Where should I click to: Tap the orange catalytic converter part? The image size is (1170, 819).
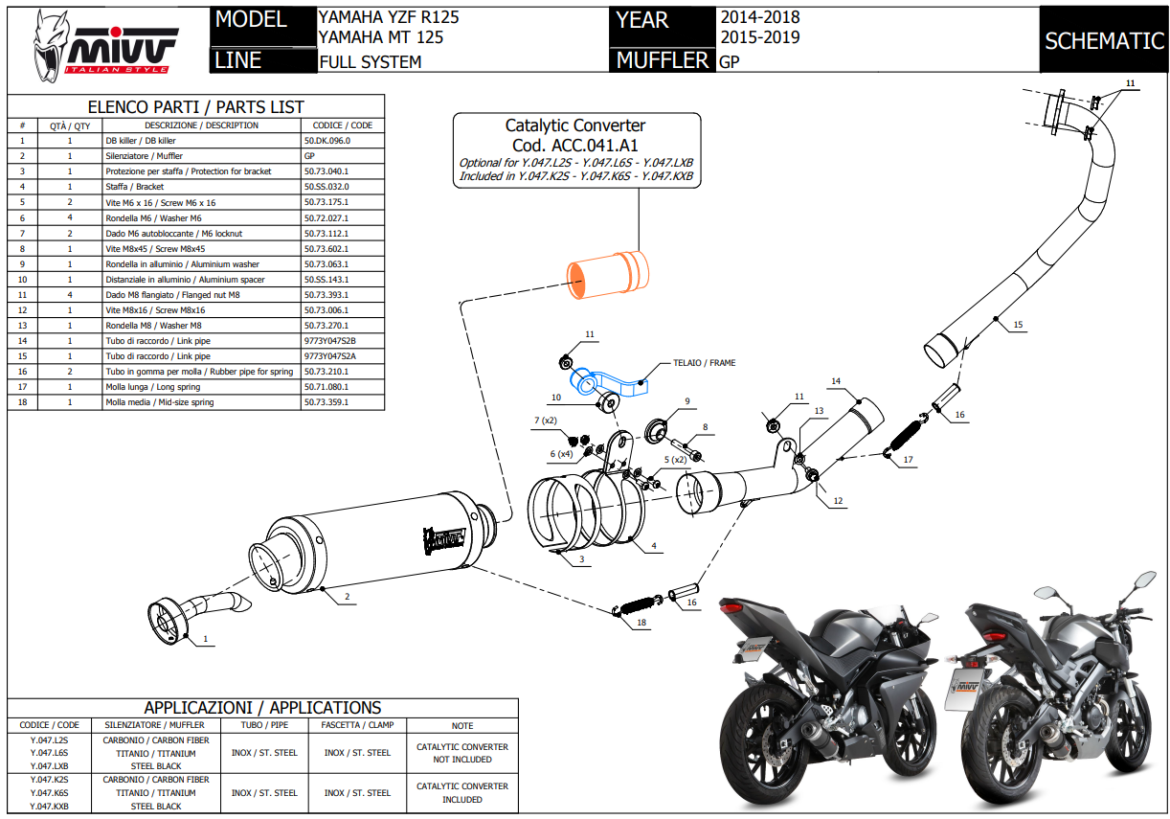pyautogui.click(x=606, y=271)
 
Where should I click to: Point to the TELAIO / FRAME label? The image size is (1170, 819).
pyautogui.click(x=704, y=364)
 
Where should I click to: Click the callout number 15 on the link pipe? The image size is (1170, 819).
pyautogui.click(x=1018, y=326)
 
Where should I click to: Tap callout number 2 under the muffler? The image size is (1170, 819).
pyautogui.click(x=346, y=598)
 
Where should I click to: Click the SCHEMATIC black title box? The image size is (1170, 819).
pyautogui.click(x=1103, y=40)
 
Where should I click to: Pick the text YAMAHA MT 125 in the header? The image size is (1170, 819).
pyautogui.click(x=380, y=38)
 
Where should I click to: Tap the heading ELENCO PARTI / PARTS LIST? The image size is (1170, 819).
pyautogui.click(x=195, y=107)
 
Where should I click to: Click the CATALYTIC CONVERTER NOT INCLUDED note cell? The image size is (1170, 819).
pyautogui.click(x=461, y=753)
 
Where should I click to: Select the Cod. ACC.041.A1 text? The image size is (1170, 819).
pyautogui.click(x=575, y=145)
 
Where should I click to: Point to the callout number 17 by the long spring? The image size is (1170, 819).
pyautogui.click(x=908, y=460)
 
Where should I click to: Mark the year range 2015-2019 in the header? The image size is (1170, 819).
pyautogui.click(x=759, y=38)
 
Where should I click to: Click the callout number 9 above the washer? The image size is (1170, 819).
pyautogui.click(x=686, y=401)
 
